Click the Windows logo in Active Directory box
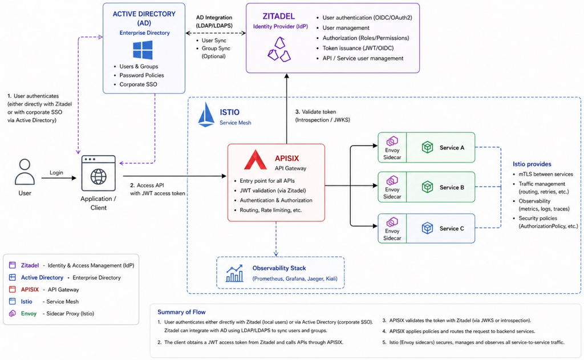pyautogui.click(x=143, y=50)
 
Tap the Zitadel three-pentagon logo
pyautogui.click(x=279, y=49)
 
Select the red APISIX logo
pyautogui.click(x=255, y=160)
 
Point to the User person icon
pyautogui.click(x=25, y=172)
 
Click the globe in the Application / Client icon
pyautogui.click(x=98, y=177)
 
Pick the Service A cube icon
pyautogui.click(x=427, y=147)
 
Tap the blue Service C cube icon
pyautogui.click(x=427, y=228)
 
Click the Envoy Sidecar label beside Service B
pyautogui.click(x=392, y=193)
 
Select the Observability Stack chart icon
pyautogui.click(x=234, y=273)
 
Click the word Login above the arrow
pyautogui.click(x=56, y=172)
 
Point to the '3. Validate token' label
pyautogui.click(x=315, y=112)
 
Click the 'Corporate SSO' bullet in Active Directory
pyautogui.click(x=138, y=84)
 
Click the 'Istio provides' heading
pyautogui.click(x=532, y=164)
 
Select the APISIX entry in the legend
pyautogui.click(x=44, y=290)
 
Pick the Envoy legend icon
pyautogui.click(x=13, y=313)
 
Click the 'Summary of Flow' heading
pyautogui.click(x=181, y=312)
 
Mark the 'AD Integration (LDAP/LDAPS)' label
pyautogui.click(x=214, y=22)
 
